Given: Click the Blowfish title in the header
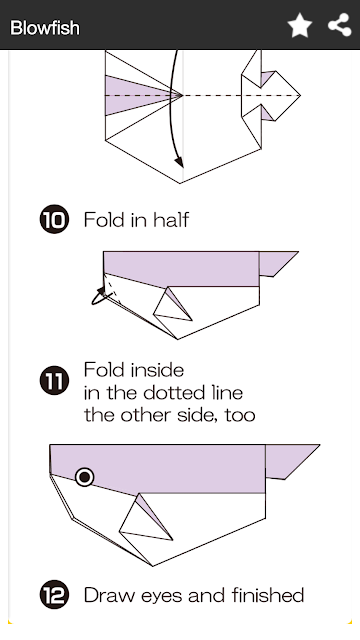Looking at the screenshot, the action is [44, 28].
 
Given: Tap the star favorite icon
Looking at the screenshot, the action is [300, 25].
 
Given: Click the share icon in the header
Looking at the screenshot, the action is [340, 25].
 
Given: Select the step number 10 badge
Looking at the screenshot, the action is [54, 219].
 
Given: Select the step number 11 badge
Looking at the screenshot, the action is [54, 380].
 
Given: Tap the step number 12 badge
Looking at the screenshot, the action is [54, 595].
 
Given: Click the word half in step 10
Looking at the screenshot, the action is [171, 220].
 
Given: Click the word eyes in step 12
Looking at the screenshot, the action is [162, 596].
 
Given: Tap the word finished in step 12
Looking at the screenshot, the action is [268, 595].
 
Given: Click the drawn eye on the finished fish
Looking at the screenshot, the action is [85, 477].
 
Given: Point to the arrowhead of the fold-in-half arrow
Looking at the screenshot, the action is [179, 162].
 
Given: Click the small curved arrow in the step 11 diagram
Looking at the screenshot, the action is [99, 297].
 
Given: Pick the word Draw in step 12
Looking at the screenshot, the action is [109, 595].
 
